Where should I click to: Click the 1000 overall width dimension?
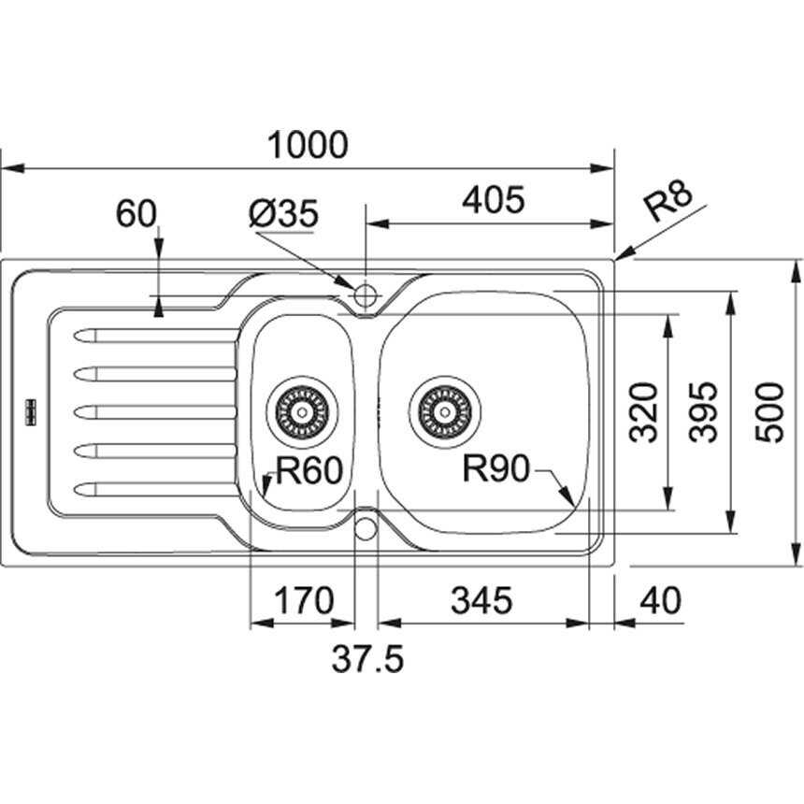(308, 145)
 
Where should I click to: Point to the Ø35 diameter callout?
(284, 215)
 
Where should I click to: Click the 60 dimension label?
(136, 214)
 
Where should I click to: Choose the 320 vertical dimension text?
(644, 411)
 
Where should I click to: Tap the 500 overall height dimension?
(768, 411)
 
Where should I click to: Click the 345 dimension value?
(481, 600)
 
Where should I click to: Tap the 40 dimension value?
(662, 600)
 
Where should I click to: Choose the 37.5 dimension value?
(367, 660)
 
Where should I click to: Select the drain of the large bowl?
(444, 410)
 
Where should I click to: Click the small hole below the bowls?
(366, 528)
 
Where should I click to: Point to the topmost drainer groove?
(154, 334)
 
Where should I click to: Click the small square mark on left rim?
(29, 410)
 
